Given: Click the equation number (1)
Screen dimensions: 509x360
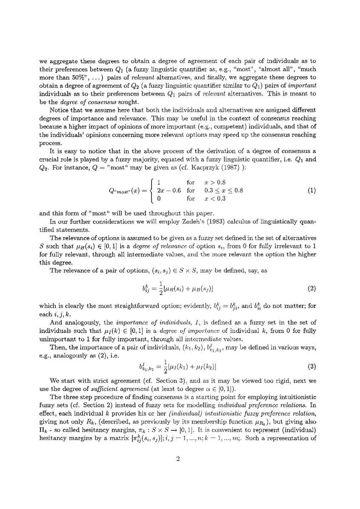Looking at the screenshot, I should coord(311,191).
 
